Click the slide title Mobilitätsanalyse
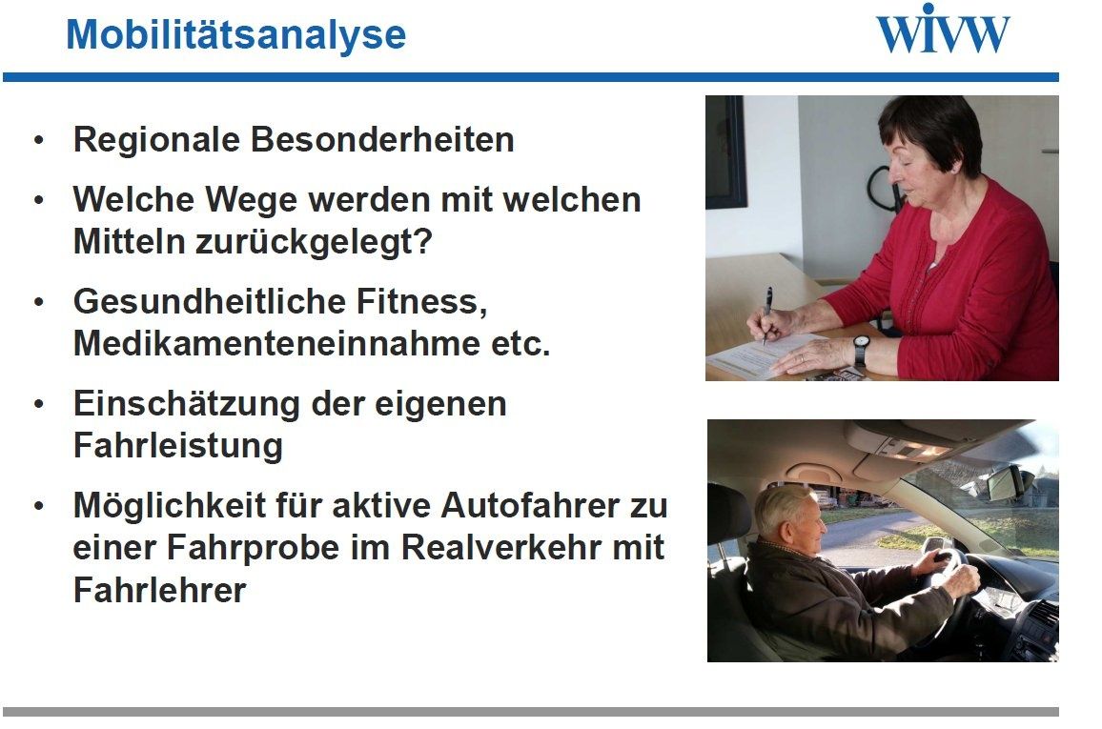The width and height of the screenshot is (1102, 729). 236,35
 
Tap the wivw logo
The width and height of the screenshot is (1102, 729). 943,29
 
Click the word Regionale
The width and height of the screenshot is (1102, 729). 156,140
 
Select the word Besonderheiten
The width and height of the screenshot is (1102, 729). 382,139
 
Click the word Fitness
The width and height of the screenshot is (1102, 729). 421,302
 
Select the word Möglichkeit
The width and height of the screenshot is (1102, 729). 167,506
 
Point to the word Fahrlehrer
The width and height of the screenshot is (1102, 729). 159,590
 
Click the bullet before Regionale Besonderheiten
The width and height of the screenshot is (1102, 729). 39,140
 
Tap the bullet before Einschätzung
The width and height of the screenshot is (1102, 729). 39,405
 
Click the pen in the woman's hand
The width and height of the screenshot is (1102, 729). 766,315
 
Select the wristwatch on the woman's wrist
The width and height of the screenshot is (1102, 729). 861,349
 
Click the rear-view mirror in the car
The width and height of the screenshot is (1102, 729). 1008,483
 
